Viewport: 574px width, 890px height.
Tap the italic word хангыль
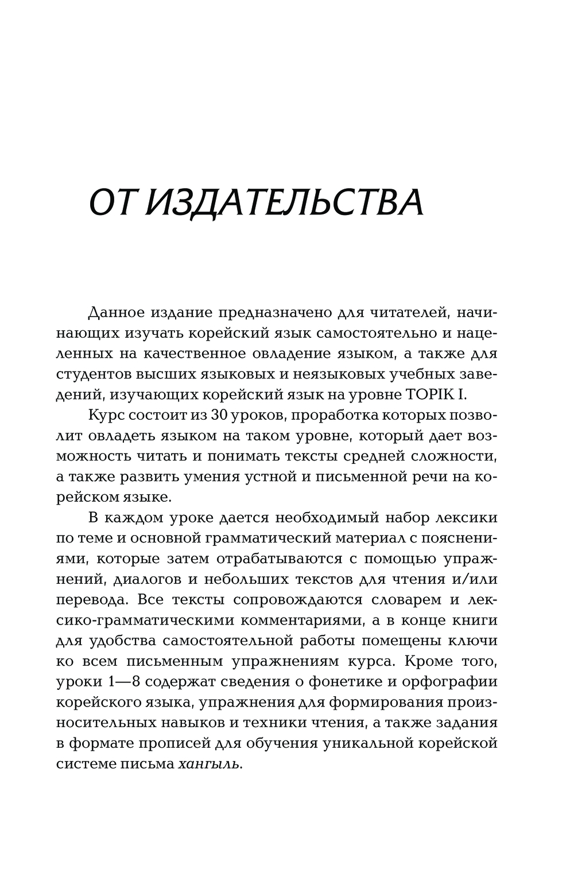click(207, 764)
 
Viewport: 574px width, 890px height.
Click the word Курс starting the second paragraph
click(108, 415)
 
